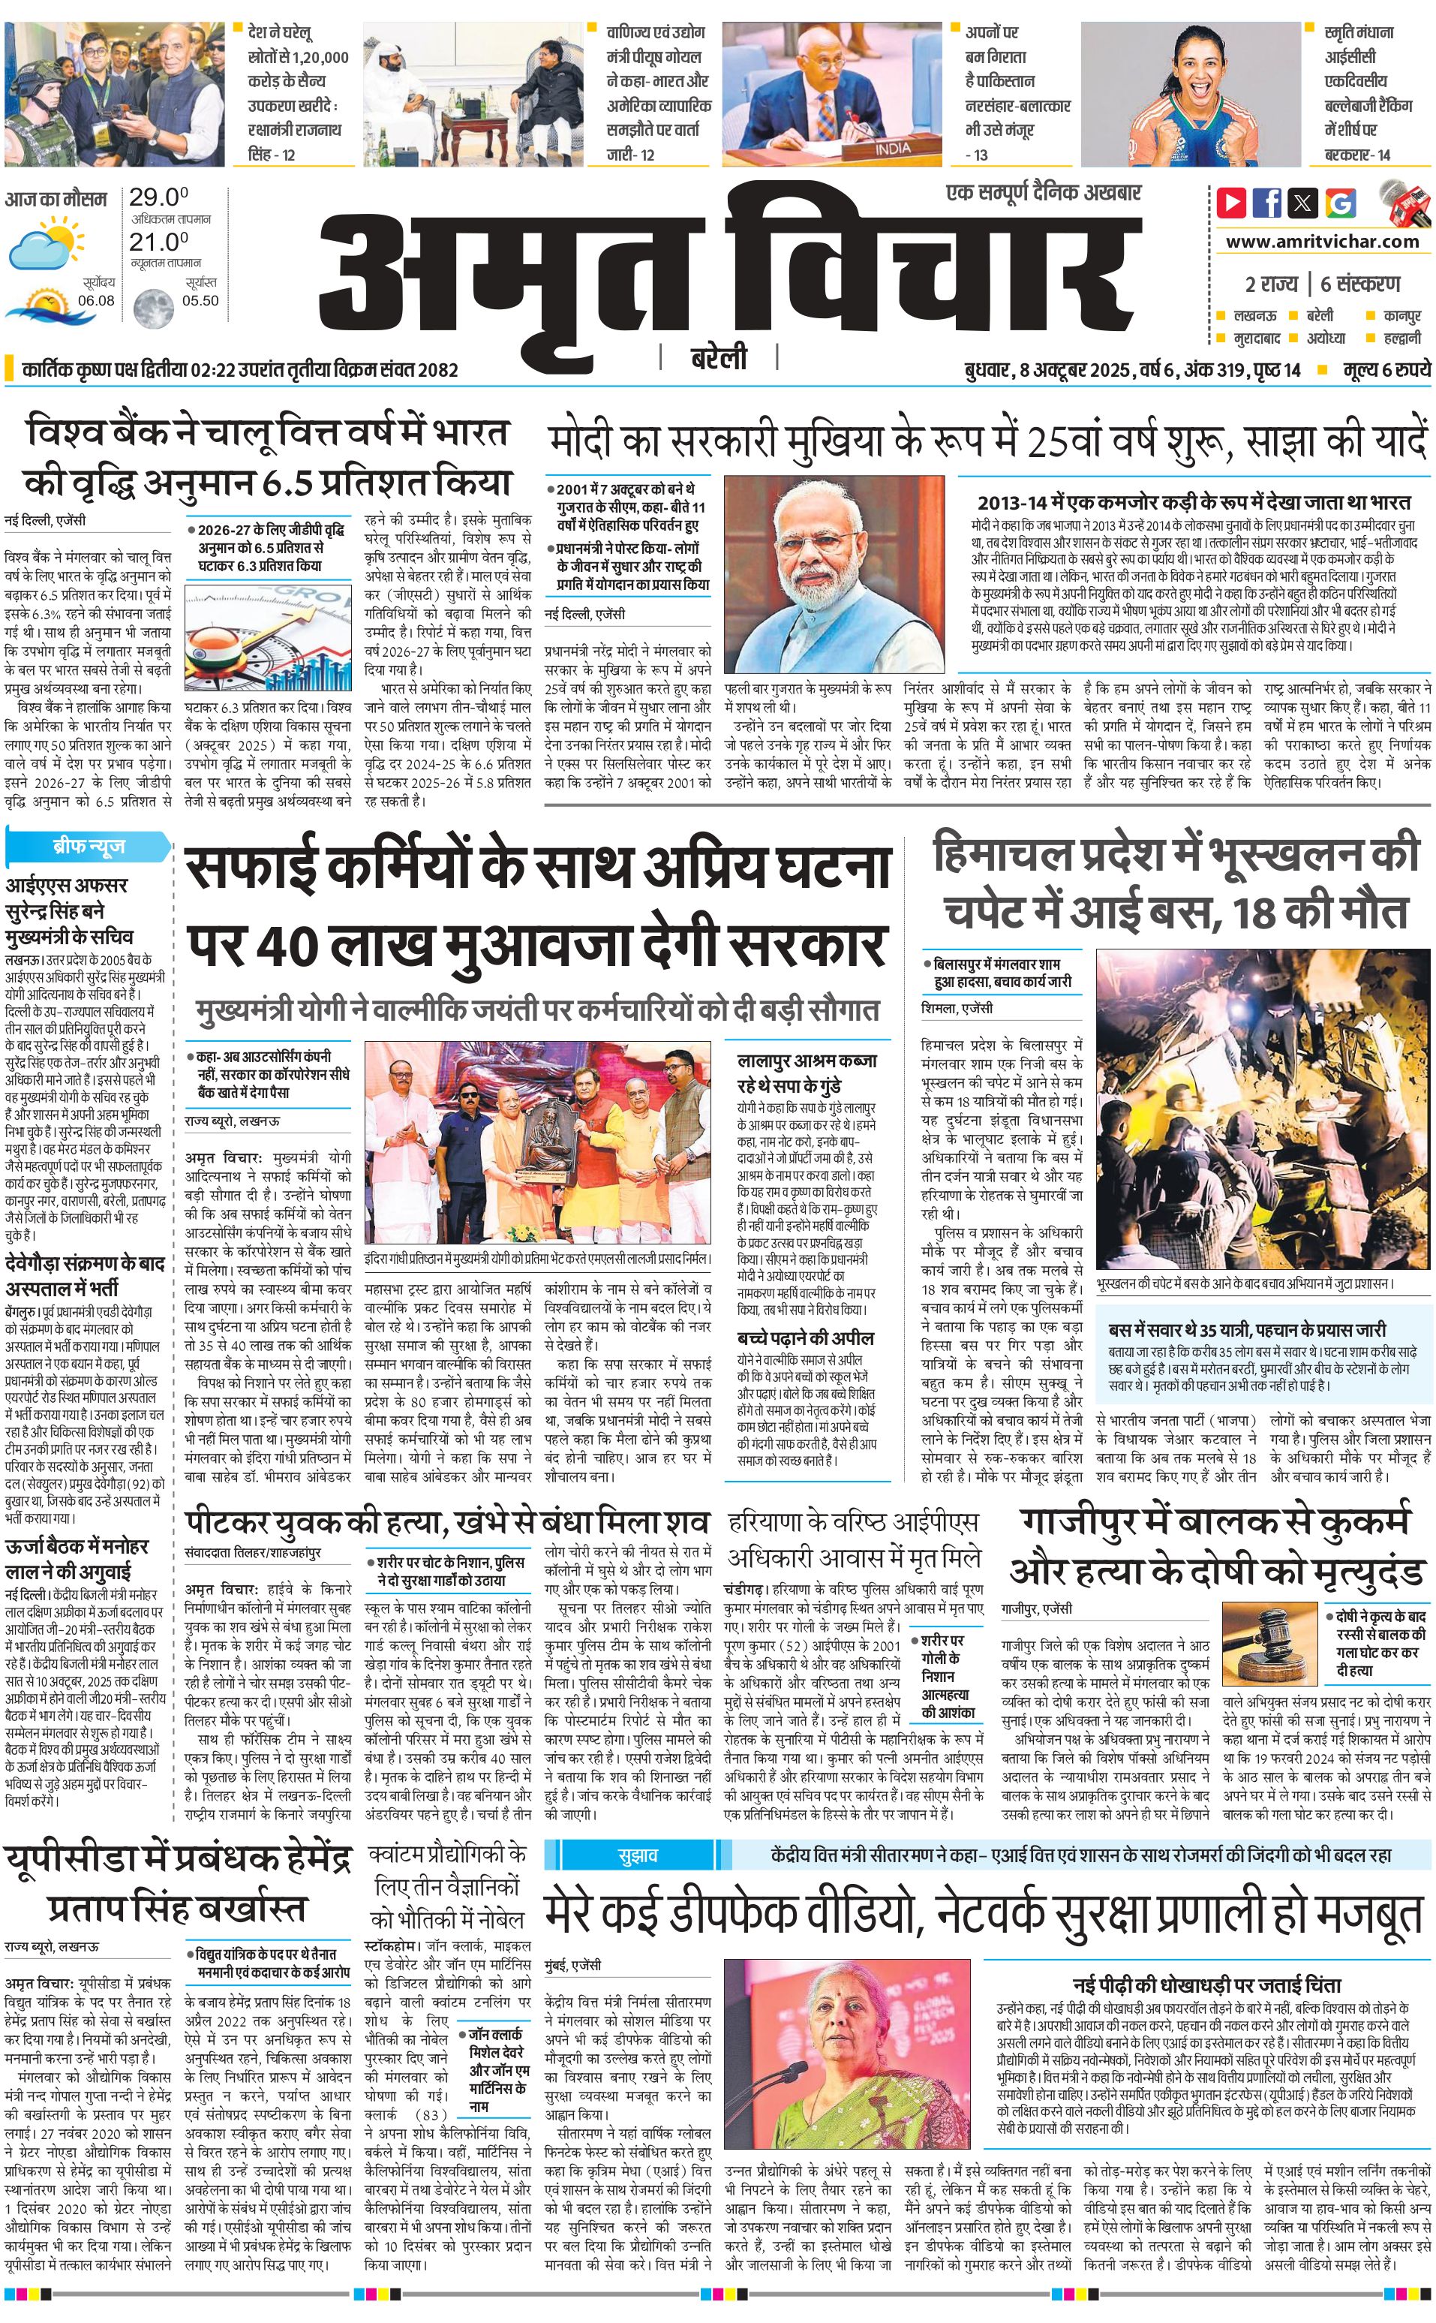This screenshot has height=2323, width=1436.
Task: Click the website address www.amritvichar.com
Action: coord(1322,242)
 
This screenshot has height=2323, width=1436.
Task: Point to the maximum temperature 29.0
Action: coord(158,197)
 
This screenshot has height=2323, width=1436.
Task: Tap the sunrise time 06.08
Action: coord(96,300)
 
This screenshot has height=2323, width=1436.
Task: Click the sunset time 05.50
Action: coord(200,300)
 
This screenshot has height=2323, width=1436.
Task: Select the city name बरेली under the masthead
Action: coord(718,357)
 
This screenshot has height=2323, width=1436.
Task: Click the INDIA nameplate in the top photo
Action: coord(892,148)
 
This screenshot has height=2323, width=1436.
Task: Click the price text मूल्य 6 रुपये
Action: coord(1386,369)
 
